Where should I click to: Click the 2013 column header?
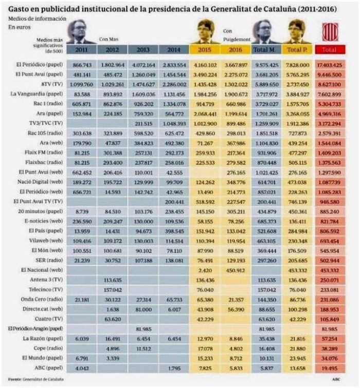[142, 49]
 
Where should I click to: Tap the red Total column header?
[329, 49]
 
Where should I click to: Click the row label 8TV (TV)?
[51, 84]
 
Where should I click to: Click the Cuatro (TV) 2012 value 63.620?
[112, 319]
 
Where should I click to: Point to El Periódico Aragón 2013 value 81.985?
[142, 328]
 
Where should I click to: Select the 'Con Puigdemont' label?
[236, 35]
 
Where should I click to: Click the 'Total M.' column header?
[265, 49]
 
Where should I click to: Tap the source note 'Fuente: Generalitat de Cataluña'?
[32, 379]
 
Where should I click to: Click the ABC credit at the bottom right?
[337, 379]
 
